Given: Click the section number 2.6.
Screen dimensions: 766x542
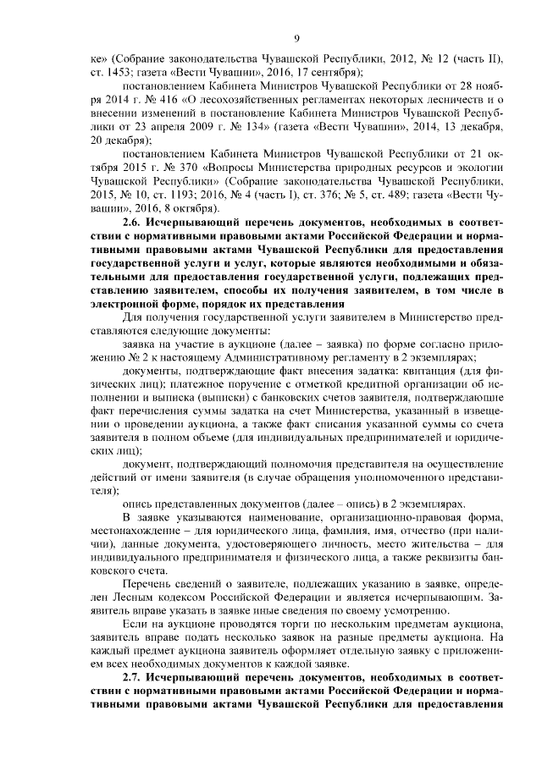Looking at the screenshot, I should click(x=134, y=221).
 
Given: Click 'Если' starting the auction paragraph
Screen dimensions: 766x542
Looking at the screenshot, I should click(x=136, y=623).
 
